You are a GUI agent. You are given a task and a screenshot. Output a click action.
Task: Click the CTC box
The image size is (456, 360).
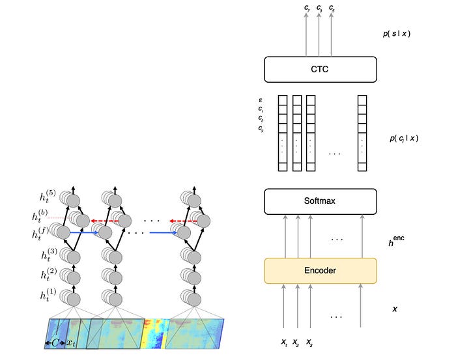[321, 69]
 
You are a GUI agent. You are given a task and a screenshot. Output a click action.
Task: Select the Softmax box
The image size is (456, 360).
[321, 202]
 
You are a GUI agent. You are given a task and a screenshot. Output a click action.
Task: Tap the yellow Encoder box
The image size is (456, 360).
[321, 270]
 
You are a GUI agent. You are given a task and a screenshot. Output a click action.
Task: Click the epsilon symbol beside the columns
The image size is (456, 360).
[261, 100]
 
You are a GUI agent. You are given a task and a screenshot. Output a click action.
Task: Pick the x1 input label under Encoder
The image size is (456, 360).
[283, 341]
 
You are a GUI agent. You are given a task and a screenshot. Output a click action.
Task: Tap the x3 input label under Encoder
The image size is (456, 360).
[310, 341]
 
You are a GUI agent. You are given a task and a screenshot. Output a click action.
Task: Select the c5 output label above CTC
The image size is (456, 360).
[332, 7]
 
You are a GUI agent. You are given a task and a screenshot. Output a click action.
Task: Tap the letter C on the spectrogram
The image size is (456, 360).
[56, 340]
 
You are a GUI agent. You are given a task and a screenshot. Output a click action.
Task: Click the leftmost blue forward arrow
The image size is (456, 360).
[85, 230]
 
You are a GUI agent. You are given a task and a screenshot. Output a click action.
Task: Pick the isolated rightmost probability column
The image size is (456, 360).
[363, 133]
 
